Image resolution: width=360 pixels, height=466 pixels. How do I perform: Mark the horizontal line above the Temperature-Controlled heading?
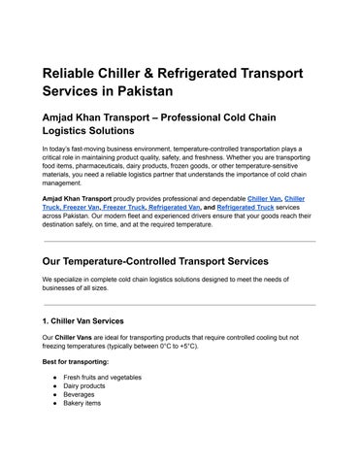click(180, 241)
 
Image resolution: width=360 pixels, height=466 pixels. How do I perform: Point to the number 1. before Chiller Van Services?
click(46, 319)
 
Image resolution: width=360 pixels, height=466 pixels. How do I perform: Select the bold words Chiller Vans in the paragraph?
click(72, 337)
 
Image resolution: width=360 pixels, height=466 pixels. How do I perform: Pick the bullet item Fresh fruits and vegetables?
click(103, 376)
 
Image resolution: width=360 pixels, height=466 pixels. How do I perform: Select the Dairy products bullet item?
click(84, 384)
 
